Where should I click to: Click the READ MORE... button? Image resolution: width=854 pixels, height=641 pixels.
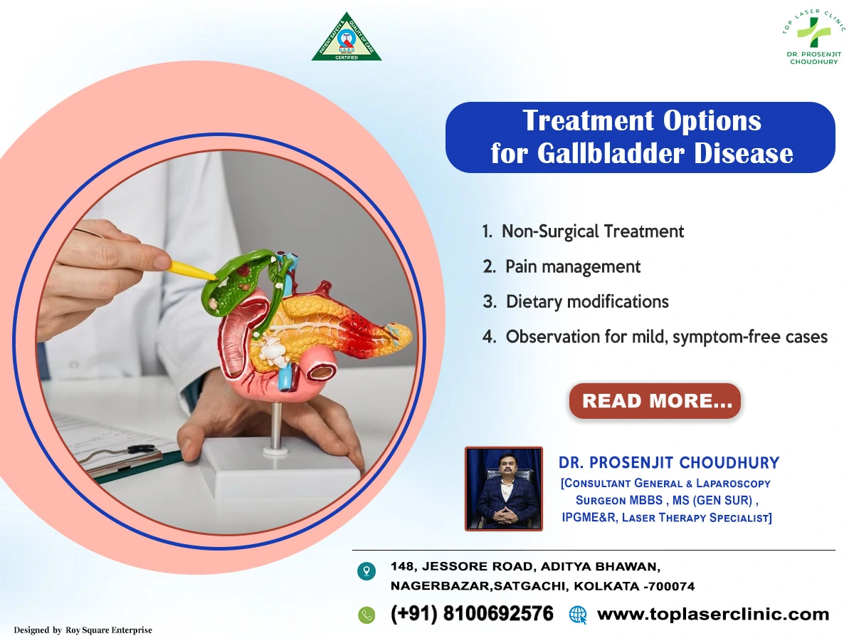pos(655,401)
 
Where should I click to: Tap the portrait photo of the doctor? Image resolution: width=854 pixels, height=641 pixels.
pos(503,489)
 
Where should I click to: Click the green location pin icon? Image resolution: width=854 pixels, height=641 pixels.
pos(367,570)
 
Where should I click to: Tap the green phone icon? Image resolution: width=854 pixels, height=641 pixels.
pos(367,615)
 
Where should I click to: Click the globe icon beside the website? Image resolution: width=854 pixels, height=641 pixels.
pos(578,615)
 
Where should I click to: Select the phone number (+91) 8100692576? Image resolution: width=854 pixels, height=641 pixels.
pos(472,614)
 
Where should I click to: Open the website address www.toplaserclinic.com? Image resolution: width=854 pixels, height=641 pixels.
pos(713,614)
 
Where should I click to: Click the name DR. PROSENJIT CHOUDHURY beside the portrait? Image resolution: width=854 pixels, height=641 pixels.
pos(669,463)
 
